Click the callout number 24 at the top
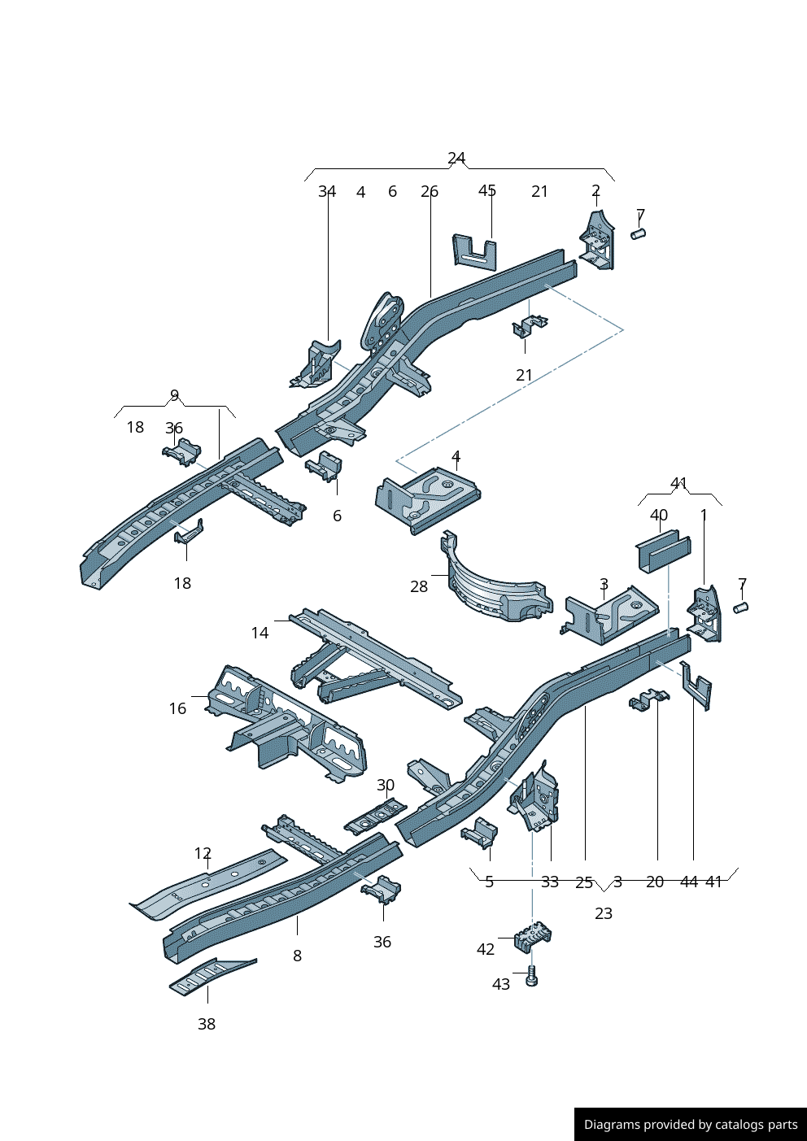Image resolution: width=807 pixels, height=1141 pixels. (456, 158)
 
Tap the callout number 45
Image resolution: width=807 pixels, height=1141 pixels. (486, 190)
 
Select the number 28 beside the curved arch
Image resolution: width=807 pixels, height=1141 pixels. (419, 586)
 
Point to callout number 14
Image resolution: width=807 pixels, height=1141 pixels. (260, 633)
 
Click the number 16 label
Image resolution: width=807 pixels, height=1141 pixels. (177, 708)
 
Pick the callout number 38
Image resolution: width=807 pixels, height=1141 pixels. (207, 1024)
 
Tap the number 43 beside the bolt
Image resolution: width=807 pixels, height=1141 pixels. (501, 984)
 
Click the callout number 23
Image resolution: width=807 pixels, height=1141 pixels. (604, 913)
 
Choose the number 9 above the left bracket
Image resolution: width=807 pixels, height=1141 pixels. (174, 395)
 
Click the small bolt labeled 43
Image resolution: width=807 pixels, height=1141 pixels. (532, 976)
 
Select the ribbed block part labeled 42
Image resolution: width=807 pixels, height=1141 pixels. (533, 937)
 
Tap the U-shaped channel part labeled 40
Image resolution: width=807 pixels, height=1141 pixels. (662, 551)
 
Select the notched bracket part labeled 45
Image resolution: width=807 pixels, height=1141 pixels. (474, 250)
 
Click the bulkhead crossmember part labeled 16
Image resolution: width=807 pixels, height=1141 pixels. (285, 723)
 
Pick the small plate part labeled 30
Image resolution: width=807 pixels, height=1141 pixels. (375, 817)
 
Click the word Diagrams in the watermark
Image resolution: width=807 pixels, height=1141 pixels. (611, 1125)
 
